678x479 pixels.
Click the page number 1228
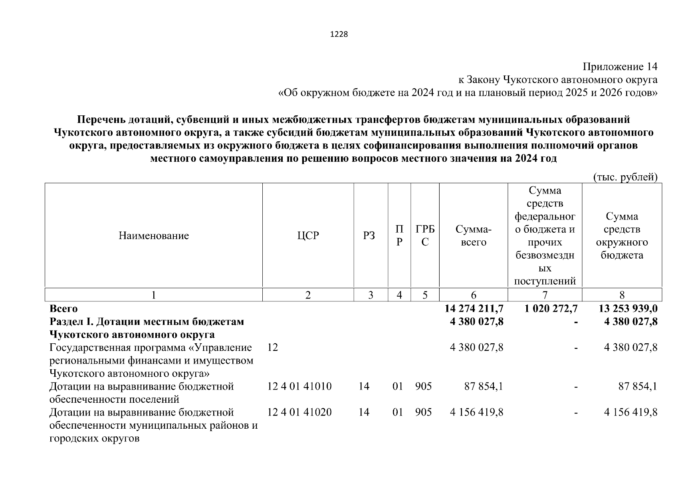(x=339, y=34)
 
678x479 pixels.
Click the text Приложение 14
(x=620, y=66)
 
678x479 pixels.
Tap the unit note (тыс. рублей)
(x=625, y=177)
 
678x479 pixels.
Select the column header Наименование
(x=153, y=236)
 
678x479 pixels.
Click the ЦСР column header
(x=308, y=236)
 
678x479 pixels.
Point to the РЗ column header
(x=369, y=236)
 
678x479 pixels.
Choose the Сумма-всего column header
(x=474, y=236)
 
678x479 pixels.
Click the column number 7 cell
(x=545, y=295)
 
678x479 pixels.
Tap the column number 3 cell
(x=371, y=295)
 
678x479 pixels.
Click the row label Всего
(x=63, y=309)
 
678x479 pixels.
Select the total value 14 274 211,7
(x=474, y=309)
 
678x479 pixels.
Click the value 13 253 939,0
(x=628, y=309)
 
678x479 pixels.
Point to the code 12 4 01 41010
(x=299, y=386)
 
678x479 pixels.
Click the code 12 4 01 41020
(x=299, y=412)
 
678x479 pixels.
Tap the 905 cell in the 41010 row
(x=423, y=386)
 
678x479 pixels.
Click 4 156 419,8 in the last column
(x=630, y=412)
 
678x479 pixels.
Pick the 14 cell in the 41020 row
(x=364, y=412)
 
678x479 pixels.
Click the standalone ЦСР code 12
(x=273, y=348)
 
